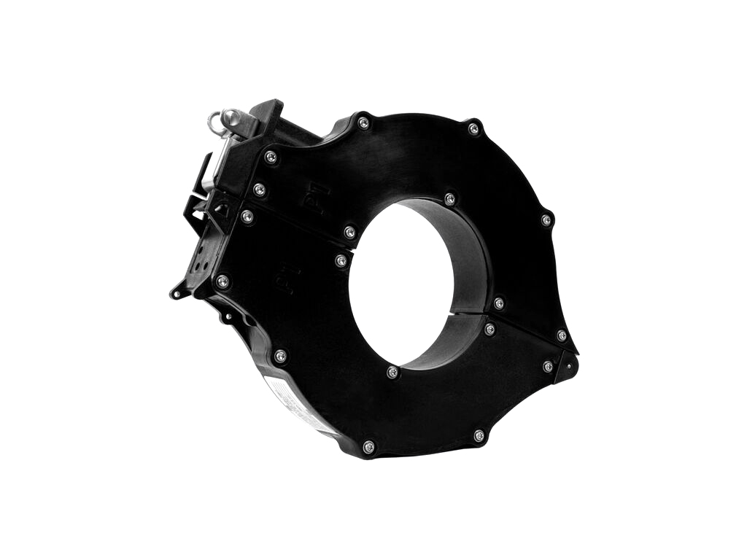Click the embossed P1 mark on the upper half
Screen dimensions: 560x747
pos(319,199)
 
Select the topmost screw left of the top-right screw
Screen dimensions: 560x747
pos(363,122)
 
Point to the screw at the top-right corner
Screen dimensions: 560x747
pos(473,129)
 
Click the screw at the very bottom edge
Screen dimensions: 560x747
pos(368,447)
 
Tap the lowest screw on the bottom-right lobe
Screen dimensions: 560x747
pos(479,435)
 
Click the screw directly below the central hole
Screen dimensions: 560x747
pos(392,372)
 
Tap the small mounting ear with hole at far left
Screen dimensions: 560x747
pos(178,292)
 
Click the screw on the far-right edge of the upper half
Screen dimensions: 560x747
pos(546,219)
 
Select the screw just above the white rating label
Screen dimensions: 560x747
pos(280,356)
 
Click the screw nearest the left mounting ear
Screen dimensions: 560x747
pos(222,281)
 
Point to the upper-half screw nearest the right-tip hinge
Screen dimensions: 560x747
pos(561,335)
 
